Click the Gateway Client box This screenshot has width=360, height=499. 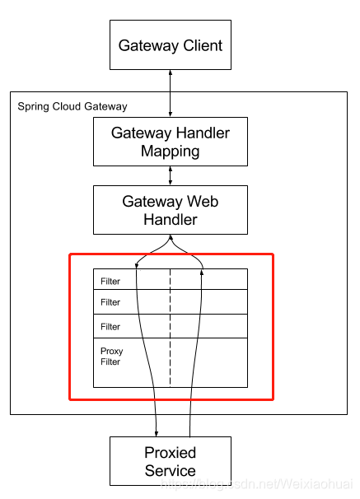[171, 45]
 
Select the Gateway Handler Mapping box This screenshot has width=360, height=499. [171, 141]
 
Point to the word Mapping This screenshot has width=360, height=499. [171, 151]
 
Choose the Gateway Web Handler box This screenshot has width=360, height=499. [171, 209]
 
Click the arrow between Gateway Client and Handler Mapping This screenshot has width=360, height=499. [171, 93]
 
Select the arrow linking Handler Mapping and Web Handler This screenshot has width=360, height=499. [171, 175]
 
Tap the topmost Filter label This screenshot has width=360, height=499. [110, 282]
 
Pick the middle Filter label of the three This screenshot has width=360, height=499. [110, 302]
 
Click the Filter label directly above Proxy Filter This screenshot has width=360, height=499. [110, 327]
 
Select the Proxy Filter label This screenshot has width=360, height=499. [111, 357]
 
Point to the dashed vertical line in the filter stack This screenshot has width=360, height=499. [171, 329]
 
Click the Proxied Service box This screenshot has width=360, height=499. [171, 461]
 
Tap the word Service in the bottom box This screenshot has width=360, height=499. [171, 472]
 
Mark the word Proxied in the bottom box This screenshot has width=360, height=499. [171, 453]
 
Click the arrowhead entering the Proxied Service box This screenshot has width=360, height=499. [157, 432]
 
